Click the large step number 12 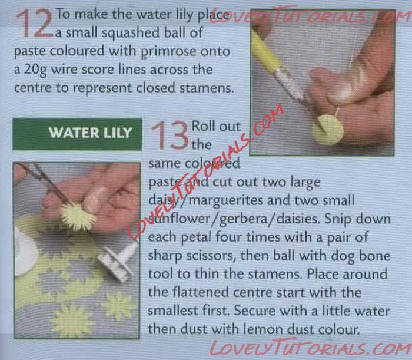[x=34, y=23]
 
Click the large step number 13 [x=170, y=135]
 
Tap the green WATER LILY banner [x=77, y=134]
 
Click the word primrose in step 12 [x=168, y=51]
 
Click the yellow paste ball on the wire [x=328, y=130]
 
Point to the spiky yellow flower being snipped [x=78, y=217]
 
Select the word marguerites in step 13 [x=226, y=201]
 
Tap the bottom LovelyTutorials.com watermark [x=311, y=348]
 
